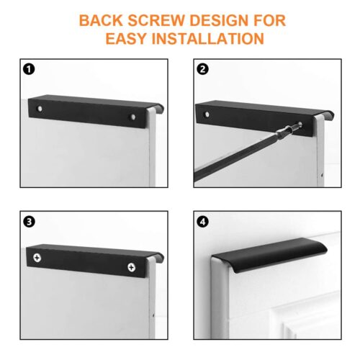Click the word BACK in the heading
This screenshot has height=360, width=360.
101,20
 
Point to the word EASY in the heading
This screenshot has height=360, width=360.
126,38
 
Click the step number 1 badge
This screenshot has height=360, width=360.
29,69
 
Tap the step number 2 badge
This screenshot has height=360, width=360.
202,69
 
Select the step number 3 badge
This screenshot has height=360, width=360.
29,222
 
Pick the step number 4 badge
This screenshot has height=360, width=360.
202,222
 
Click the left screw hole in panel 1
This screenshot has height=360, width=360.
40,109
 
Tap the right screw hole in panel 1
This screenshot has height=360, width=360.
132,117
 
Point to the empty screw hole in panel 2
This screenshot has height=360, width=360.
207,114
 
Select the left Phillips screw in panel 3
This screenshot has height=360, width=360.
37,258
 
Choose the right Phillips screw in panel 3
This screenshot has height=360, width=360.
131,267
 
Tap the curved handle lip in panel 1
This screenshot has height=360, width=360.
159,107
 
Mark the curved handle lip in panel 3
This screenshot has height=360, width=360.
159,256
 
